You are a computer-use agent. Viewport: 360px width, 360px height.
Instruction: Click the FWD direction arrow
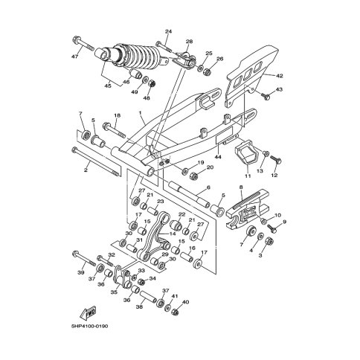(89, 312)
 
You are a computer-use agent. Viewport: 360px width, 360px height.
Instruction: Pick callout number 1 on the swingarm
(140, 113)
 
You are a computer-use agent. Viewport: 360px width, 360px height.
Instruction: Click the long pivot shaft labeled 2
(96, 161)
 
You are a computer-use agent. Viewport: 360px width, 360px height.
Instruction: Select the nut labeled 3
(269, 242)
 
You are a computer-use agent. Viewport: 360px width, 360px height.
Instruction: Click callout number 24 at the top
(169, 31)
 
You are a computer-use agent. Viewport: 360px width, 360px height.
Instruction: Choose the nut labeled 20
(194, 176)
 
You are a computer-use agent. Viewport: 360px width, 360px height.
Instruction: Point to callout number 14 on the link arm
(173, 234)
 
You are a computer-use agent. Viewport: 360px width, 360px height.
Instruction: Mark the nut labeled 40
(176, 312)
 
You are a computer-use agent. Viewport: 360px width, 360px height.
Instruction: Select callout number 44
(219, 157)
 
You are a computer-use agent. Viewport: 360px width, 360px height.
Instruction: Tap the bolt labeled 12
(274, 160)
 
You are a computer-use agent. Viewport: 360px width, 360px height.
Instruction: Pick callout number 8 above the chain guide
(241, 187)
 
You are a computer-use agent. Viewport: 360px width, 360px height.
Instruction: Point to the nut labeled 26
(207, 72)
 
